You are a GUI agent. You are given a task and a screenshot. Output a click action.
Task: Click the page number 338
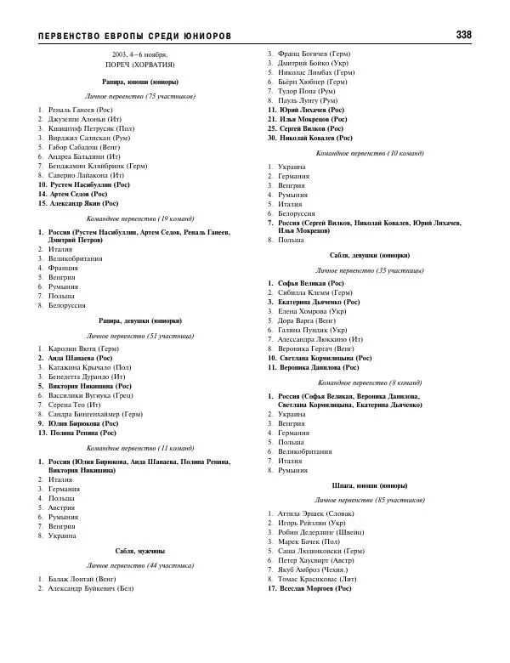click(x=463, y=35)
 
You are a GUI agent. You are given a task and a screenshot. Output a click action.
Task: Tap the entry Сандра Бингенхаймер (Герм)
click(x=94, y=414)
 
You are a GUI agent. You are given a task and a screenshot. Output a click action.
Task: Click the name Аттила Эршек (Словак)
click(x=315, y=513)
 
